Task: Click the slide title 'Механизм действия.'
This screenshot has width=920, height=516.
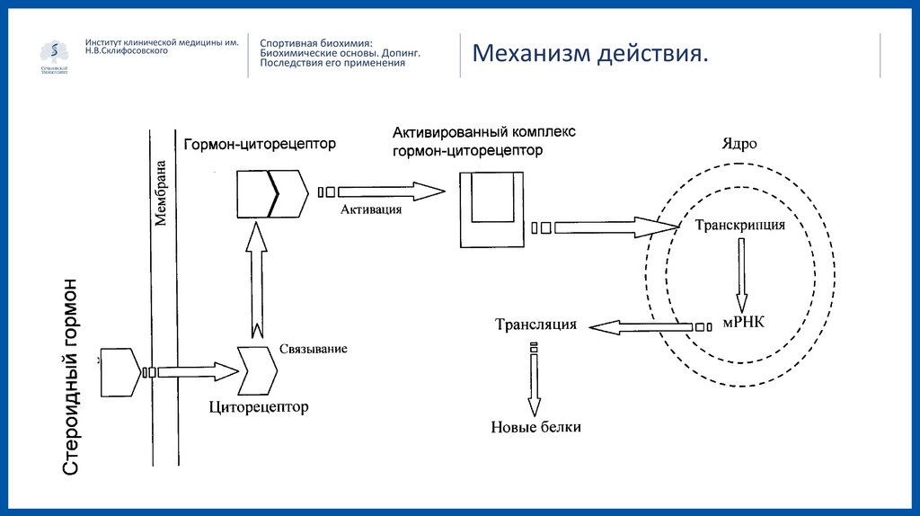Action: pyautogui.click(x=590, y=55)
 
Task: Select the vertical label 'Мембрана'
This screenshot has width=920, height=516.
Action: pyautogui.click(x=162, y=193)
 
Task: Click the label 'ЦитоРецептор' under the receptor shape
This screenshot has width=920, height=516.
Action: pyautogui.click(x=259, y=408)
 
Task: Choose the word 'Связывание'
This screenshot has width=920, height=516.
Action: pyautogui.click(x=313, y=348)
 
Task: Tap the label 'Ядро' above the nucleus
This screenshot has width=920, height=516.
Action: pyautogui.click(x=739, y=143)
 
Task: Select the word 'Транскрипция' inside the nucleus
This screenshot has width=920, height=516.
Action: pyautogui.click(x=740, y=226)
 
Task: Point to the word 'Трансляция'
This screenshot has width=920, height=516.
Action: pyautogui.click(x=535, y=325)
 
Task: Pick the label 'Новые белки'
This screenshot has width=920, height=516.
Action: pyautogui.click(x=535, y=427)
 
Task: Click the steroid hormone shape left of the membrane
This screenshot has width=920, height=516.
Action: pyautogui.click(x=122, y=371)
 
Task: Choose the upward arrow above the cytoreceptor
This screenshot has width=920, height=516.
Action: pyautogui.click(x=257, y=279)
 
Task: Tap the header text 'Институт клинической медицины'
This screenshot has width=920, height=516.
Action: pyautogui.click(x=162, y=42)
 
